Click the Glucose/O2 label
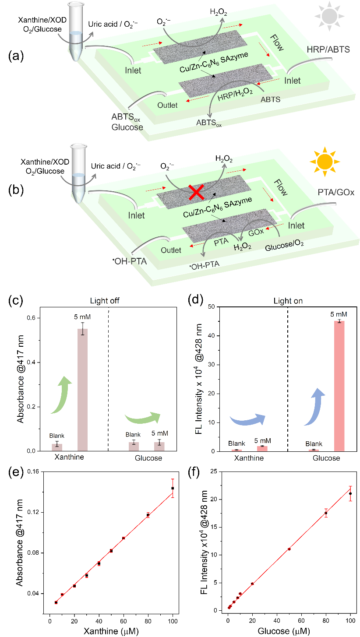(x=284, y=246)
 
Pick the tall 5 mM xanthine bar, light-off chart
(x=83, y=389)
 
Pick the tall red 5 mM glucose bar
(x=339, y=385)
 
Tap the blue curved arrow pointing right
(x=248, y=419)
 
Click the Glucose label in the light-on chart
(x=326, y=458)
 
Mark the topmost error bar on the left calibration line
(x=173, y=488)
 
